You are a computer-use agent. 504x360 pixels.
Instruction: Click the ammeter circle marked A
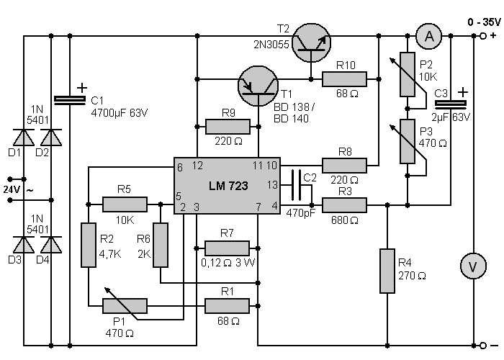[429, 35]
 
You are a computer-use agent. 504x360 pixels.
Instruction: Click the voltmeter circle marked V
[472, 266]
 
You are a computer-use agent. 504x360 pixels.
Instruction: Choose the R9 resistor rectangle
[228, 127]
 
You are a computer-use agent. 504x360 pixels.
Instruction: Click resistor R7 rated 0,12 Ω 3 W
[228, 247]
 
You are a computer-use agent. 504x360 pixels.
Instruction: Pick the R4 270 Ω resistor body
[388, 271]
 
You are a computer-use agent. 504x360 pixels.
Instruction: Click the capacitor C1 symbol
[70, 102]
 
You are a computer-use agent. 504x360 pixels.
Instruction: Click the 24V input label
[14, 189]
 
